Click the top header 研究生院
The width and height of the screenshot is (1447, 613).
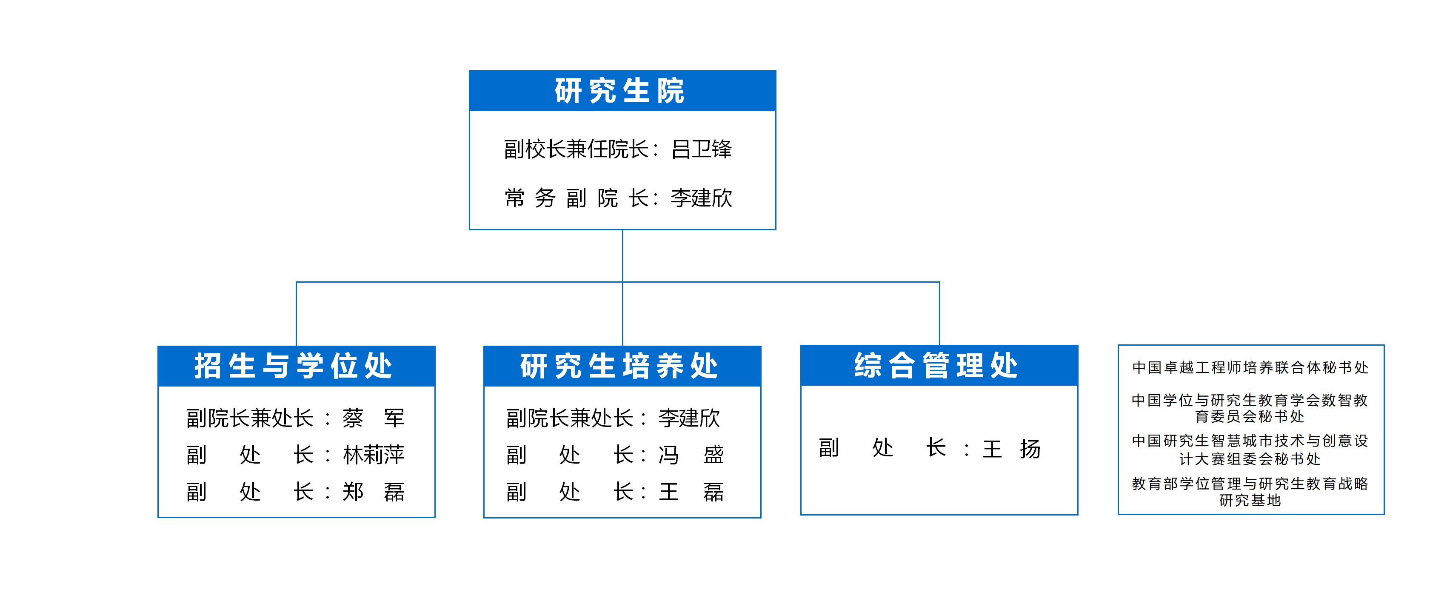point(619,91)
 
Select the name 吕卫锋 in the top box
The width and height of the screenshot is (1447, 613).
point(702,149)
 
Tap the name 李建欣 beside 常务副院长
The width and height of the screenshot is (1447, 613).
point(702,198)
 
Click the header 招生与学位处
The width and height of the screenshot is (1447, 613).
point(294,366)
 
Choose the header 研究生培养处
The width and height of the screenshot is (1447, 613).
point(619,366)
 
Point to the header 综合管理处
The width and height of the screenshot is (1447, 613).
point(936,365)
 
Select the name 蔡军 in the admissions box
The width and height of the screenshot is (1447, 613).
point(374,418)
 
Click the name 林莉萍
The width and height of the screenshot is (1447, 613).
point(374,455)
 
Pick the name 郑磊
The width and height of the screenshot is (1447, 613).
point(374,492)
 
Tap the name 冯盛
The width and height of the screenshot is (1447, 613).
point(691,455)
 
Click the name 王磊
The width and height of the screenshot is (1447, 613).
point(691,492)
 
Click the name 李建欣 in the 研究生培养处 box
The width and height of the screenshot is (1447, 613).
point(689,418)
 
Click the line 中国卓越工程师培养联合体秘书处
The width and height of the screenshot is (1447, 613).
point(1250,367)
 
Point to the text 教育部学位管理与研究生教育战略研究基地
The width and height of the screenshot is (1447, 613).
point(1250,492)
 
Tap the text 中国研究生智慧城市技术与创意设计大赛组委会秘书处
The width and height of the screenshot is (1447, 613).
point(1250,450)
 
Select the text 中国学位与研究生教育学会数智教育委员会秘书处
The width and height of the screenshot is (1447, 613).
point(1250,408)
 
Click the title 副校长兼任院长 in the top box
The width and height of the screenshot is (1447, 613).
point(577,149)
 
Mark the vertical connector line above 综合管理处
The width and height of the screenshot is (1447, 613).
point(939,313)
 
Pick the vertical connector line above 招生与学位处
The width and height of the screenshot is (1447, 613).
point(297,313)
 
